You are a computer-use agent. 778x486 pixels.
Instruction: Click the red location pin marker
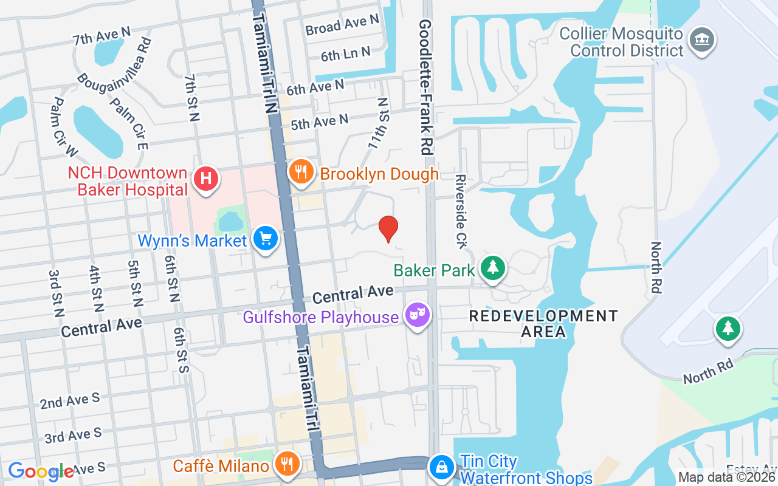click(x=388, y=228)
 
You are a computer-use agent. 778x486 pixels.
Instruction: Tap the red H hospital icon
click(x=206, y=179)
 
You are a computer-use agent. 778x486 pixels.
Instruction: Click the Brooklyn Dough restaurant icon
click(x=300, y=171)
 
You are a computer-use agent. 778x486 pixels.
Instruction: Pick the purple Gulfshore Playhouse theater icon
click(x=418, y=315)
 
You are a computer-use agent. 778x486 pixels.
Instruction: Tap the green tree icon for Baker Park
click(x=493, y=267)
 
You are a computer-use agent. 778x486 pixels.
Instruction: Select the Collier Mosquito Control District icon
click(x=702, y=40)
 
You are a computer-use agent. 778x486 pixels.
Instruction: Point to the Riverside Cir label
click(x=461, y=211)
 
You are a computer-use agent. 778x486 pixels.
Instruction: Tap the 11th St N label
click(x=378, y=124)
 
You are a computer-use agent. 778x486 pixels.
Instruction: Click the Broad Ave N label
click(x=342, y=25)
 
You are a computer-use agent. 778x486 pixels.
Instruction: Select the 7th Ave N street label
click(x=102, y=36)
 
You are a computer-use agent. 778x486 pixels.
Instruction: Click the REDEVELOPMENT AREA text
click(x=543, y=324)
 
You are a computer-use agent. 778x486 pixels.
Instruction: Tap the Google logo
click(x=41, y=471)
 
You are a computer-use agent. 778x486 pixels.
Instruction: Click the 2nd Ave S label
click(x=70, y=401)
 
